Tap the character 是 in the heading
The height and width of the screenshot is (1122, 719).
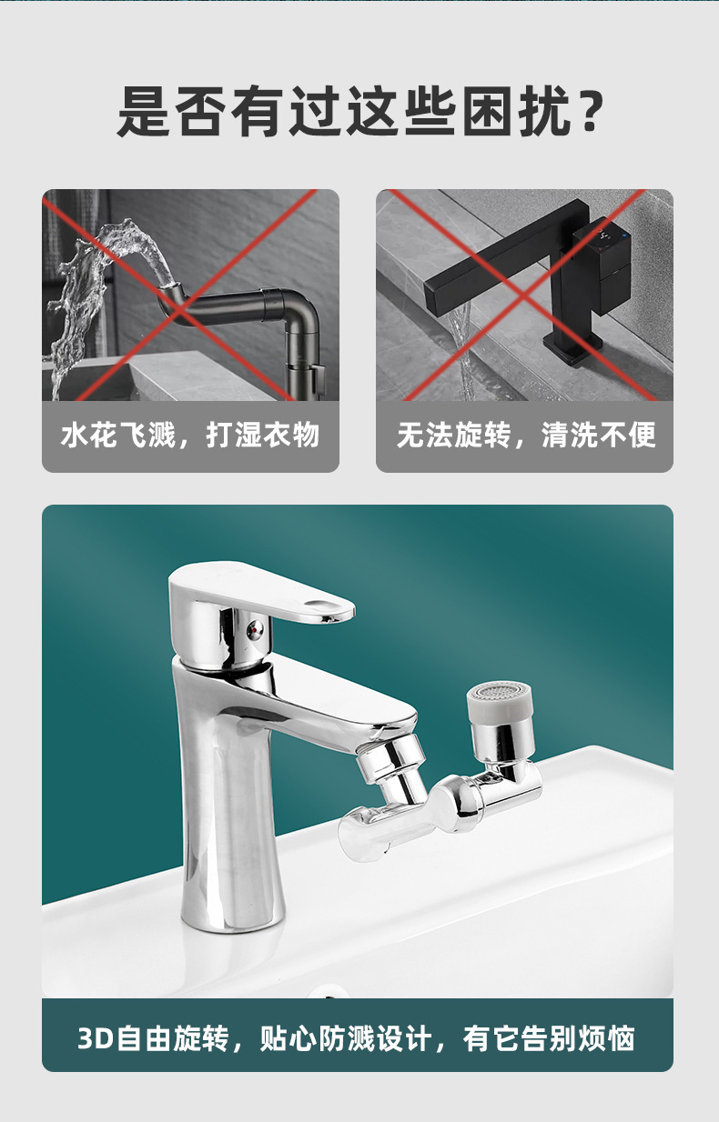tap(145, 111)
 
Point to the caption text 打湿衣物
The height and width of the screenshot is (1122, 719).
tap(263, 436)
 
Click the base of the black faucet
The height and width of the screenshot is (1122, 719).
tap(572, 349)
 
